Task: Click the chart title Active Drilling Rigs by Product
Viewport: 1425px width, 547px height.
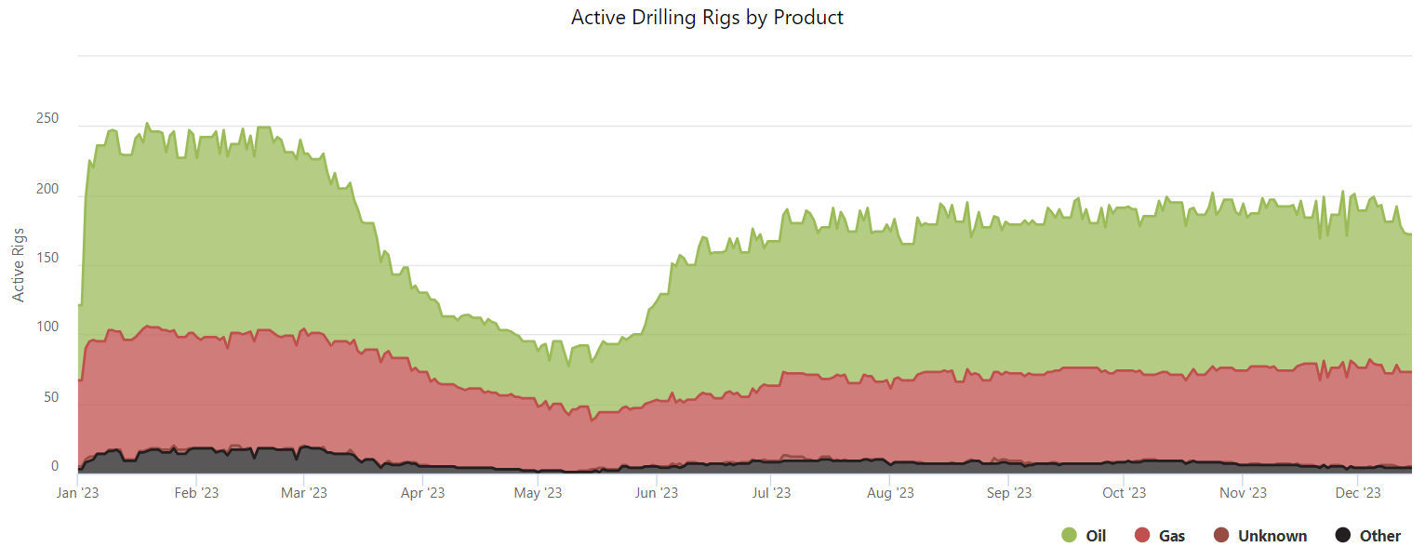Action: pos(707,18)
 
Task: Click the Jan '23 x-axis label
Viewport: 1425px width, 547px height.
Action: pos(79,493)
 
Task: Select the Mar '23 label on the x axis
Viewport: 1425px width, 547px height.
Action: pos(304,493)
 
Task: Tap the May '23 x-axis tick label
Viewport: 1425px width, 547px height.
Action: pos(539,493)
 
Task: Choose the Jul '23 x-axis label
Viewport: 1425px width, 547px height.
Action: pos(772,493)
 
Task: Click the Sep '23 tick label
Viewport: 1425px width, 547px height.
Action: pos(1009,493)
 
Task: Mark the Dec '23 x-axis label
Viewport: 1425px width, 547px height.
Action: pos(1359,493)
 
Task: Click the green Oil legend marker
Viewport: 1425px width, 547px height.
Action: pos(1070,535)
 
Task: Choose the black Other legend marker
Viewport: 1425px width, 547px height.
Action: pos(1343,535)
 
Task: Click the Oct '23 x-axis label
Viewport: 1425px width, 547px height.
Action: pos(1125,493)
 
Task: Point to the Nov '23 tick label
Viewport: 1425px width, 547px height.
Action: pos(1244,493)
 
